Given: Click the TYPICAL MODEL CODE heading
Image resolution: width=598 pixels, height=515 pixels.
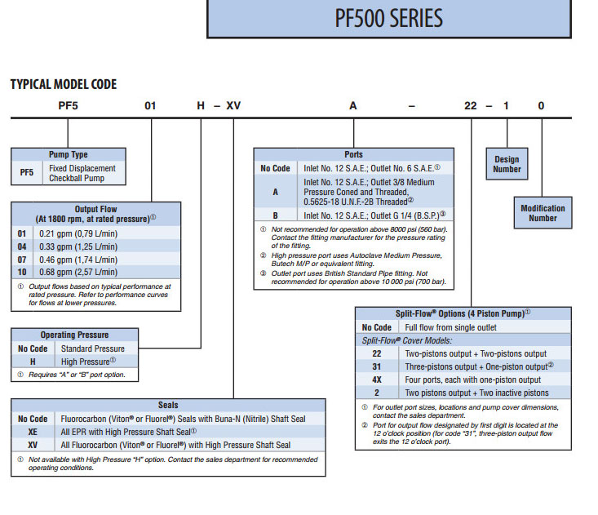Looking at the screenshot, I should (63, 84).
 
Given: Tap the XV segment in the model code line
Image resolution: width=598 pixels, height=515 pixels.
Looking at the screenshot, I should (234, 106).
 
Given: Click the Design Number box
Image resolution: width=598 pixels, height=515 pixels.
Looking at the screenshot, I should (507, 164).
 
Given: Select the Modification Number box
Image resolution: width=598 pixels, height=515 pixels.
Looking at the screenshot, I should (543, 213).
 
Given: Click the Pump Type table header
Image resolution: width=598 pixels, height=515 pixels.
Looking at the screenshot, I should (69, 154).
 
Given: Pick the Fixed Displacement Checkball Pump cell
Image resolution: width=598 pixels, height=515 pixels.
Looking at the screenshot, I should (82, 173).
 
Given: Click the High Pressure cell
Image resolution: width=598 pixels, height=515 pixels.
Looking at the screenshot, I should (85, 361).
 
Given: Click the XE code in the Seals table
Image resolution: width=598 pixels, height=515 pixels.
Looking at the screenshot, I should (33, 431).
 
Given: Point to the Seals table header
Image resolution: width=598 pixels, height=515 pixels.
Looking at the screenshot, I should (168, 405).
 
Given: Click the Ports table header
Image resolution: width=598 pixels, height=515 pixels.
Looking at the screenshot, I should (354, 154).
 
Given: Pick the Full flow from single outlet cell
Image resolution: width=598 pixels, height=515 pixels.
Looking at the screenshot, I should (450, 327).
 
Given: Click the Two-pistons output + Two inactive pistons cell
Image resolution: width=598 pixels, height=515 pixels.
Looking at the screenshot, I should (476, 393).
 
